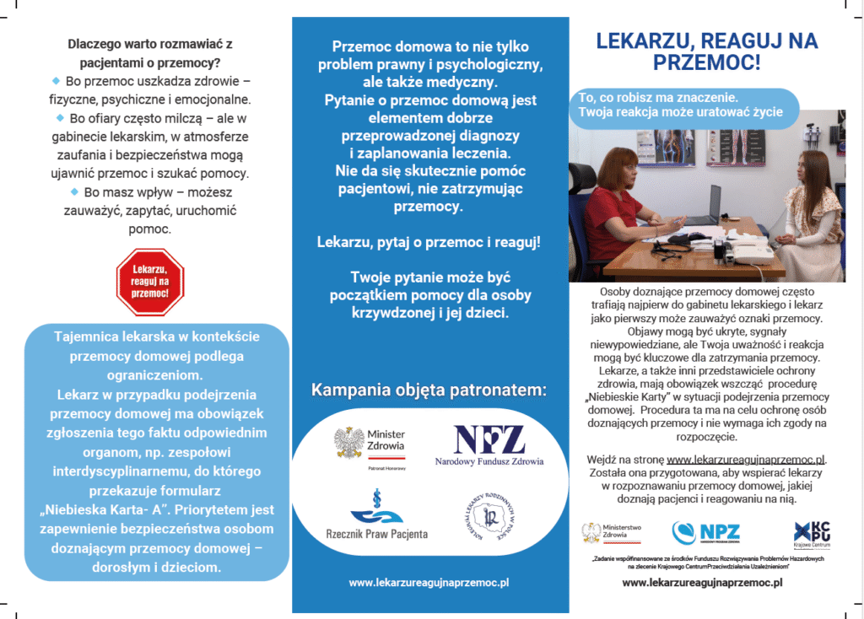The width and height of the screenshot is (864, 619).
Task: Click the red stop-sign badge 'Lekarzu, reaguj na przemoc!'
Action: click(x=150, y=282)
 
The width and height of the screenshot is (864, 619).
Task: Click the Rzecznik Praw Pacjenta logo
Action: click(x=376, y=515)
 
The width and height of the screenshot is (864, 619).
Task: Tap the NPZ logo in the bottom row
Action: click(x=706, y=532)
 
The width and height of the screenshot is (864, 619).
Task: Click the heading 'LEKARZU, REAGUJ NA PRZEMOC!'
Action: click(x=707, y=51)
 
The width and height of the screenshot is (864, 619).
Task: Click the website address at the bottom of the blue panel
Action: click(x=429, y=582)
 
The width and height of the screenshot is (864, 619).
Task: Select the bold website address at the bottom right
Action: click(x=702, y=583)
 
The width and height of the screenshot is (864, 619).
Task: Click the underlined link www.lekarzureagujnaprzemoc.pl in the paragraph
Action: click(x=746, y=460)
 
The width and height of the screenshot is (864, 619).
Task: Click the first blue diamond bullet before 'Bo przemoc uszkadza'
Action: click(x=57, y=81)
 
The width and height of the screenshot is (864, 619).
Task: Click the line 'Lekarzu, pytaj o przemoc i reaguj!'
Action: click(x=429, y=241)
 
